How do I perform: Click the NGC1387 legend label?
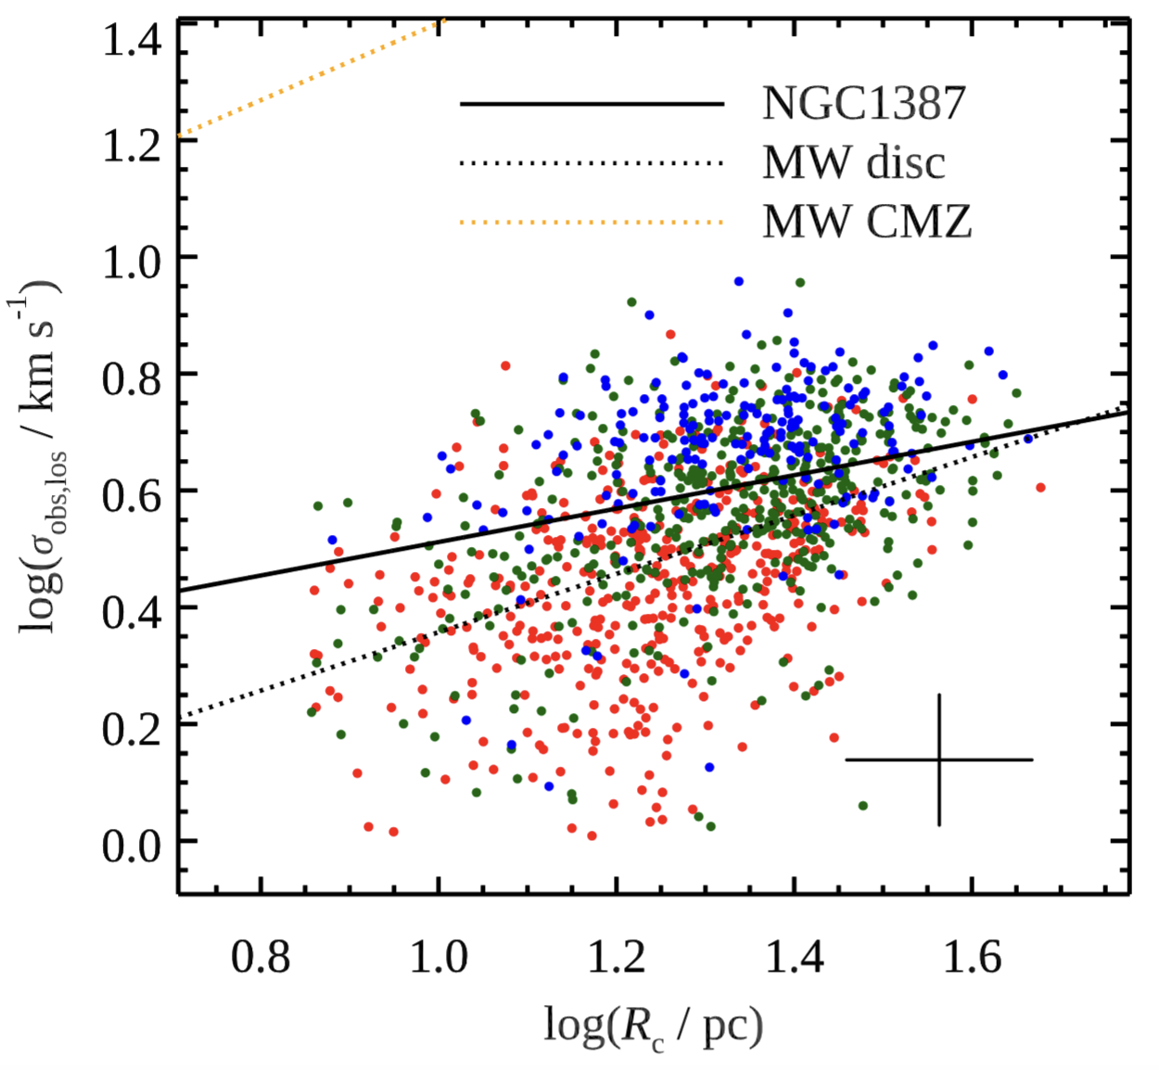(x=863, y=103)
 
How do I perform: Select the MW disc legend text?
(x=853, y=162)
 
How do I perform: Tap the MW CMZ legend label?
(x=867, y=222)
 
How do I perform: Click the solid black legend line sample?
(x=592, y=104)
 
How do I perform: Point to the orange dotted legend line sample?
(x=592, y=223)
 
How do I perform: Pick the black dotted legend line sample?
(x=592, y=163)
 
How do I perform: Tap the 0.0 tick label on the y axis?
(x=132, y=845)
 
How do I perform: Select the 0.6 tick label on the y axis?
(x=132, y=494)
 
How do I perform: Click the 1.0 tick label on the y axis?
(x=132, y=261)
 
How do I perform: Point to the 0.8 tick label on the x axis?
(x=261, y=956)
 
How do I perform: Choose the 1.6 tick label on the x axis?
(x=971, y=956)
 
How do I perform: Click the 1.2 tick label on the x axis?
(x=616, y=956)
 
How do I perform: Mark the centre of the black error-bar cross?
(x=939, y=760)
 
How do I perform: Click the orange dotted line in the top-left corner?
(x=311, y=78)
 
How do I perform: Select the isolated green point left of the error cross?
(x=863, y=806)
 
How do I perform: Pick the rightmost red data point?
(x=1041, y=487)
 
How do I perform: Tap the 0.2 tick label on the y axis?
(x=132, y=728)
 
